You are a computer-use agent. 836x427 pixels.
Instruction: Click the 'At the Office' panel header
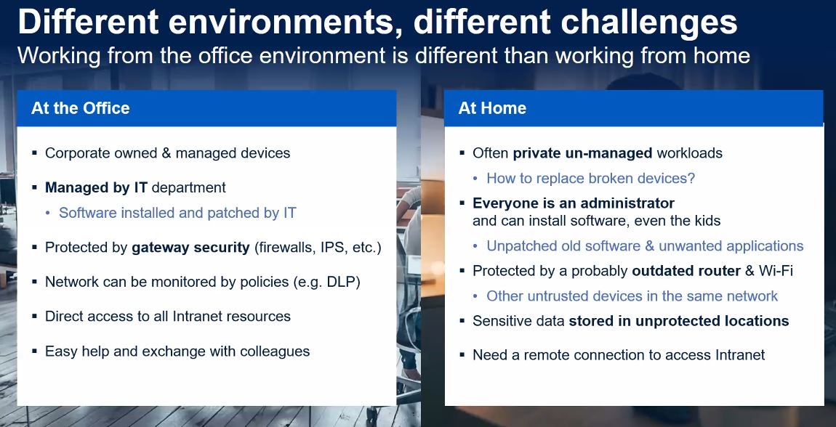pos(206,108)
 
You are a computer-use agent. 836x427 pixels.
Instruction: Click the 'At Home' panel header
pos(633,108)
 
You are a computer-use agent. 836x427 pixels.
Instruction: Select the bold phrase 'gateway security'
pos(191,248)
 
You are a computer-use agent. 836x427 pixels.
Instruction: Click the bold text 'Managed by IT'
pos(97,187)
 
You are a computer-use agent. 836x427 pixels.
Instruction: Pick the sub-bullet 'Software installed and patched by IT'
pos(177,213)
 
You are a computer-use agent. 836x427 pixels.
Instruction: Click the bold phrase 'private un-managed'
pos(583,153)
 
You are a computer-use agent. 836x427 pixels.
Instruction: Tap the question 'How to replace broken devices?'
pos(591,178)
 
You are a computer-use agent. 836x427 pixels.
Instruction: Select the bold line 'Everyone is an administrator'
pos(574,203)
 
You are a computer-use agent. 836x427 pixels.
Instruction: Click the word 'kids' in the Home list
pos(706,221)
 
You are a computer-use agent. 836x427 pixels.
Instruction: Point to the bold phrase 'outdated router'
pos(686,271)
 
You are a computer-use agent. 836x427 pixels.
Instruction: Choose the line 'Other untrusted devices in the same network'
pos(632,296)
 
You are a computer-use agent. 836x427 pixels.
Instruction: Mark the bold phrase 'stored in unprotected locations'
pos(679,321)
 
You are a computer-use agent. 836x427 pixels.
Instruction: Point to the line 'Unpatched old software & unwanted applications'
pos(645,246)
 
